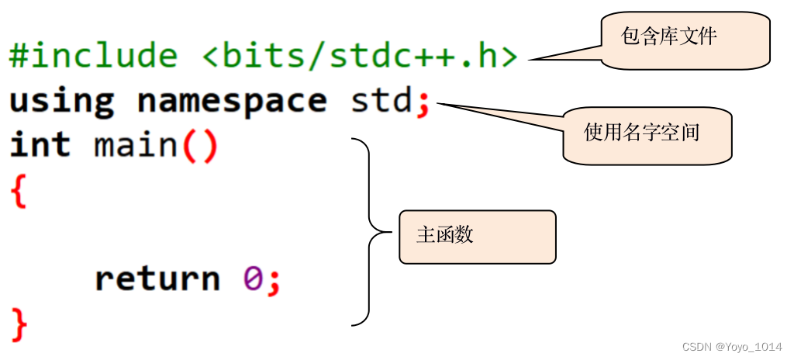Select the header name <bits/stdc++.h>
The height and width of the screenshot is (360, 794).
point(360,57)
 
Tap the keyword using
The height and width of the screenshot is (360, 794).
point(61,102)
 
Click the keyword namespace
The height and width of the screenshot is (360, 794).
point(232,102)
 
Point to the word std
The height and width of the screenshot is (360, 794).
point(381,102)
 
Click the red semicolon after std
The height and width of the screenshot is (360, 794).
point(423,103)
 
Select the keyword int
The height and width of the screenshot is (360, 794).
point(40,146)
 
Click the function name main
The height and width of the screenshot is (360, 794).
point(136,146)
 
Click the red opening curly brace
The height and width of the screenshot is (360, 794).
point(19,191)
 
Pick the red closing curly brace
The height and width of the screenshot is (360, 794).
point(19,324)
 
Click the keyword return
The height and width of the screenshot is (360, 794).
point(157,279)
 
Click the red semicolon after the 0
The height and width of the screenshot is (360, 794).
point(274,280)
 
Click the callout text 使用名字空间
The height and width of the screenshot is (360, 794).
point(641,133)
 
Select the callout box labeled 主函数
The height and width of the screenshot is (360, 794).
point(478,236)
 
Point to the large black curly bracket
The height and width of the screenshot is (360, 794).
point(370,232)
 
